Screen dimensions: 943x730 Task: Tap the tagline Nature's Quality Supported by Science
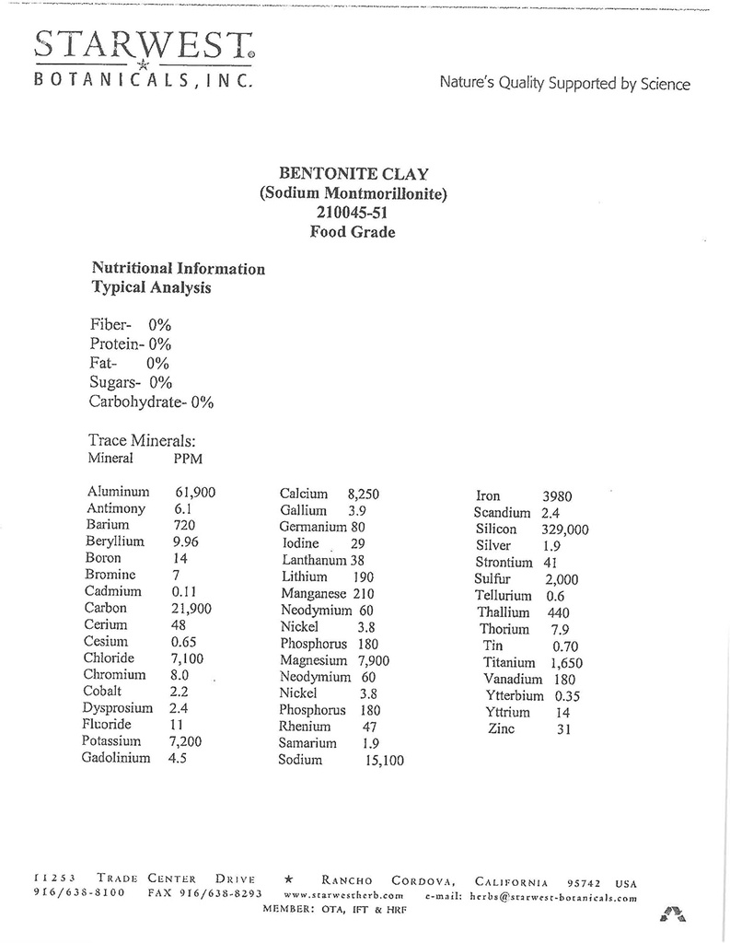click(x=564, y=84)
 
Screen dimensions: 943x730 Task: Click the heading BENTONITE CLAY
click(x=353, y=173)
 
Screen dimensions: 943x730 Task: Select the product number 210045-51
click(x=353, y=213)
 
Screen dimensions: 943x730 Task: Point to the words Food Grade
click(x=353, y=232)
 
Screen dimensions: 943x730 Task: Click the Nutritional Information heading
click(x=179, y=269)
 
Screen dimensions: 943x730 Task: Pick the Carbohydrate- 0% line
click(x=151, y=402)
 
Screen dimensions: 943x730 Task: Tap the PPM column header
click(x=188, y=459)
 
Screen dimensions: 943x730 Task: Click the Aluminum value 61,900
click(x=194, y=493)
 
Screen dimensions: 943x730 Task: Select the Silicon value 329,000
click(x=558, y=530)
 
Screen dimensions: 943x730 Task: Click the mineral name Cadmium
click(x=112, y=591)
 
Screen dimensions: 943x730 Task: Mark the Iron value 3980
click(x=557, y=496)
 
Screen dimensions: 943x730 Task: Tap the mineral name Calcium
click(x=304, y=494)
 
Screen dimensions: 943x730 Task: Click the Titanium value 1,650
click(x=566, y=663)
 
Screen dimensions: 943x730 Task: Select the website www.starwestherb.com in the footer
click(x=344, y=894)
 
